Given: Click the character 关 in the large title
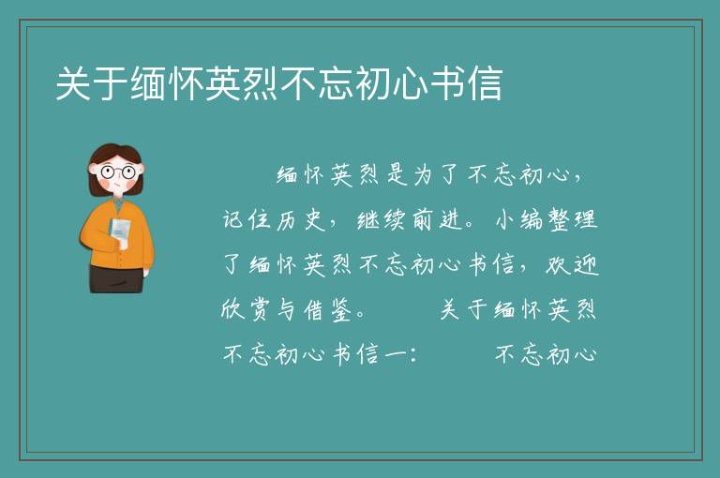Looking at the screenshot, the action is [x=73, y=83].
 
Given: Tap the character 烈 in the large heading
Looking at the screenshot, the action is [x=261, y=83].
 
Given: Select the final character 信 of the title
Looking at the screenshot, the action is [x=485, y=83].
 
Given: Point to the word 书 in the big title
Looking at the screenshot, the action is [x=448, y=83].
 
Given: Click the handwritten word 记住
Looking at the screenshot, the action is [x=247, y=219].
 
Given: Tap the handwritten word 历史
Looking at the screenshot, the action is [x=300, y=219].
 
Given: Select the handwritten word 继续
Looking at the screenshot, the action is [x=382, y=219].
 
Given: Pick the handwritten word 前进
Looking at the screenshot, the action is [x=435, y=219].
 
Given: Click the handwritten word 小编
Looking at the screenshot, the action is [x=518, y=219].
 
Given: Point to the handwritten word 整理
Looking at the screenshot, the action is [x=572, y=219].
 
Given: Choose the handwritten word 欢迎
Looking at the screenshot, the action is [x=572, y=265].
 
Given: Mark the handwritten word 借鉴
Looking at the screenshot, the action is [x=327, y=310].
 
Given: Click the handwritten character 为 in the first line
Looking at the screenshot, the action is [x=425, y=175].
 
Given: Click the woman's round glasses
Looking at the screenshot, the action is [x=117, y=172].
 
